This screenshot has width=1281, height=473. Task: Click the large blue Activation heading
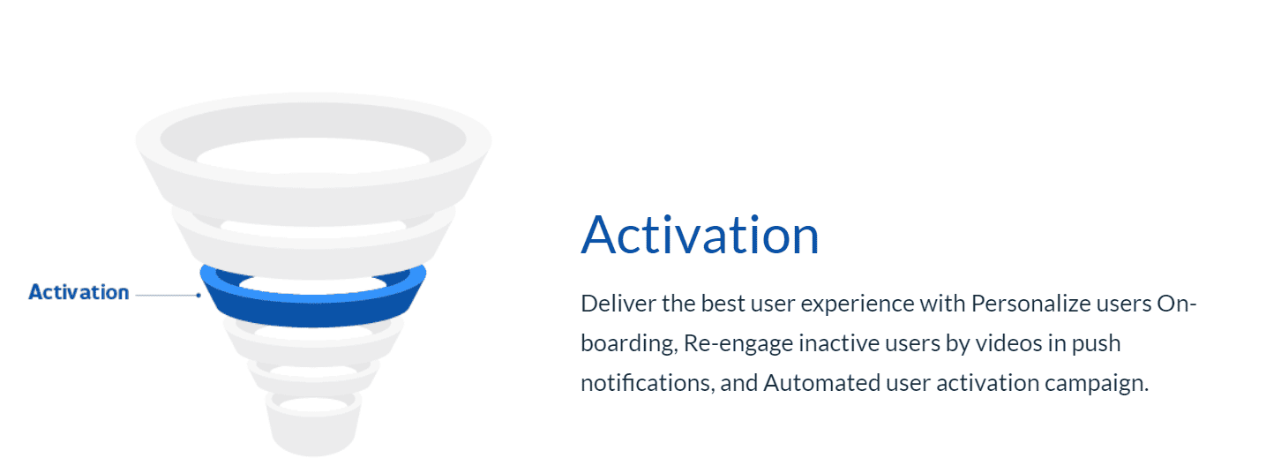(x=700, y=235)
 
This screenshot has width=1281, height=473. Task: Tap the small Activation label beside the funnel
(x=79, y=292)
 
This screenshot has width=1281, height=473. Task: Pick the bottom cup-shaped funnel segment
(x=313, y=436)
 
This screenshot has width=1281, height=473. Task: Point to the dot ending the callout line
(x=199, y=295)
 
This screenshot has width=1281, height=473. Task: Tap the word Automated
(x=821, y=383)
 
